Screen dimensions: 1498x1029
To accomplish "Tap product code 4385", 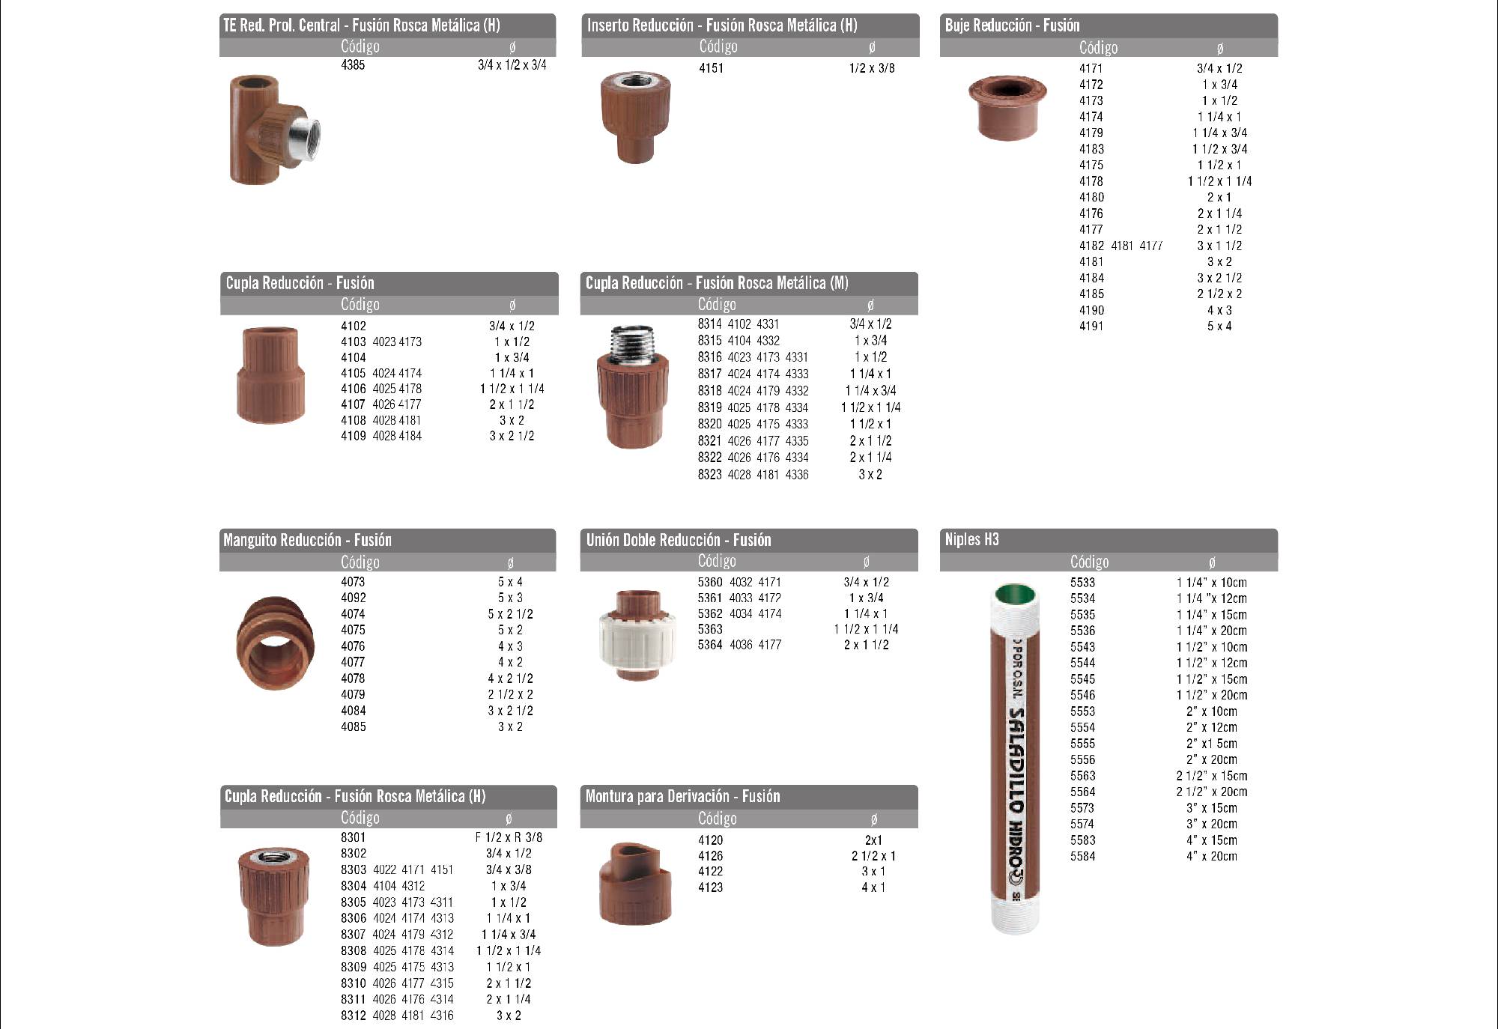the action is click(353, 65).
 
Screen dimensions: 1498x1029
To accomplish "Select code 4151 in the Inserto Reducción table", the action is click(711, 68).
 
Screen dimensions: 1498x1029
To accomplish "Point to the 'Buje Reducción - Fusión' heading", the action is click(1012, 25).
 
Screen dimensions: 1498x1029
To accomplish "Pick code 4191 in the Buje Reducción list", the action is click(1091, 327).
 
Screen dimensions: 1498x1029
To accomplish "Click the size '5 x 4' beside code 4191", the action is click(1219, 327).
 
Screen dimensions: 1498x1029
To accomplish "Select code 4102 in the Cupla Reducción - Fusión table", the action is click(354, 327).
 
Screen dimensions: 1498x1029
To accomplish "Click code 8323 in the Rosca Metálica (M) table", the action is click(710, 475).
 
